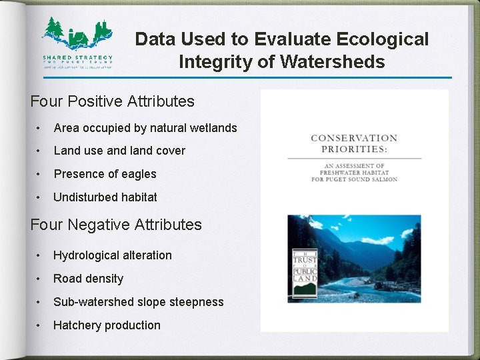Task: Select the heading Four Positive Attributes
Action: [x=113, y=101]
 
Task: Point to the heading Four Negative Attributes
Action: [x=116, y=225]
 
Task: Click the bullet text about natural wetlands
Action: [x=145, y=127]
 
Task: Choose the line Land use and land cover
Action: [x=119, y=151]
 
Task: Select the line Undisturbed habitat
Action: [x=105, y=197]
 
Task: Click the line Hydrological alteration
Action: [x=113, y=255]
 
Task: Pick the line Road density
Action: [x=89, y=279]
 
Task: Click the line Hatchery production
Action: [x=107, y=325]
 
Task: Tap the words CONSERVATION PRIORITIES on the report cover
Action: [x=354, y=143]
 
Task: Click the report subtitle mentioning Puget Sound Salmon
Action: [x=354, y=172]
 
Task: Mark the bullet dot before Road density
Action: [x=41, y=279]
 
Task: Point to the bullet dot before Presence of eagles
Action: [x=41, y=174]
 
